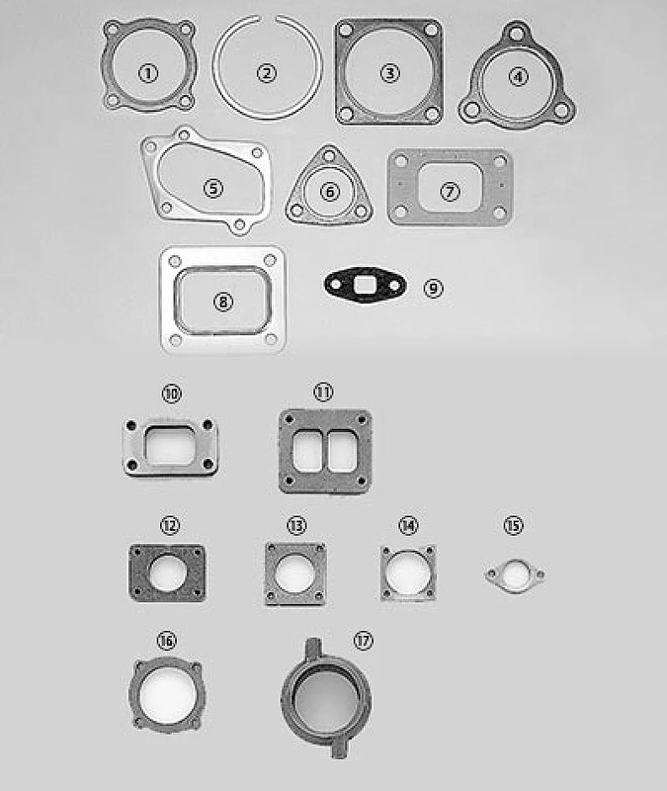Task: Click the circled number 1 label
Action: point(147,72)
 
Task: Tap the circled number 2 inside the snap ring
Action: point(266,72)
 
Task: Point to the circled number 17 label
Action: point(363,641)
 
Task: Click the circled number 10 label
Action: point(172,394)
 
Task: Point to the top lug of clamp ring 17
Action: point(313,644)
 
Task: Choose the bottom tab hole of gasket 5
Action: point(237,225)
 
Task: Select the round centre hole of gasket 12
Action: point(168,572)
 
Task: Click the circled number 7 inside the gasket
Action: point(450,191)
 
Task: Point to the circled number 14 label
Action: point(408,524)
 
